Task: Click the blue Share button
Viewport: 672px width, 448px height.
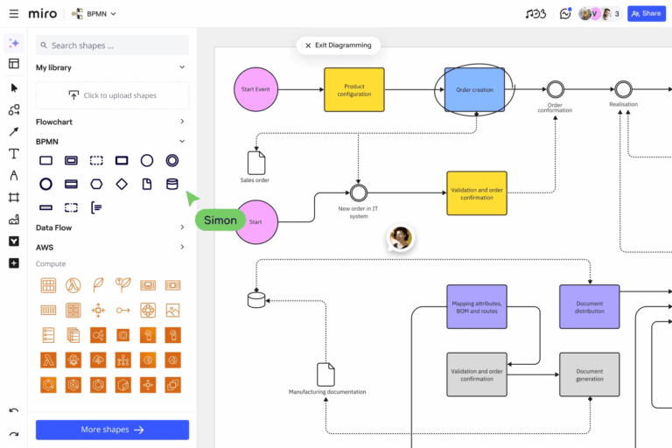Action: click(x=647, y=14)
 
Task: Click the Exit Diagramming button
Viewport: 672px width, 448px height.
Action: click(x=338, y=45)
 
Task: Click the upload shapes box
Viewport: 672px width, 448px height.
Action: click(x=112, y=95)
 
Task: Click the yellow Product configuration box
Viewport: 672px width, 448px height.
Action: click(x=354, y=89)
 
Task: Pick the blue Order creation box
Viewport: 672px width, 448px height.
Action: click(x=474, y=89)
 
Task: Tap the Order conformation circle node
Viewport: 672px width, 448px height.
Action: click(x=554, y=89)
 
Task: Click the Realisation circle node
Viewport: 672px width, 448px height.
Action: click(x=623, y=89)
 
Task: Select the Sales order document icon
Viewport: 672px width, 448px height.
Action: click(x=255, y=163)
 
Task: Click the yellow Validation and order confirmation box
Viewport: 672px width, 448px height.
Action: click(x=477, y=193)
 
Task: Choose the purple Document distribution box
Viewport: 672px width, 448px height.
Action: click(x=589, y=306)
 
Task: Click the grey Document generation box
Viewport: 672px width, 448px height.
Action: click(x=589, y=374)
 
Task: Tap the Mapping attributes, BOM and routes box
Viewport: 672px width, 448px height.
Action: click(x=477, y=306)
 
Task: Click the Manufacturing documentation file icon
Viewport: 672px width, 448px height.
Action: click(x=326, y=374)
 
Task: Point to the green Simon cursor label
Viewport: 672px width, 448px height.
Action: click(x=220, y=220)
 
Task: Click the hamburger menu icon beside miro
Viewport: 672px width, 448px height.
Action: click(x=13, y=14)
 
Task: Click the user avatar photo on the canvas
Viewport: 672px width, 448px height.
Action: click(x=401, y=238)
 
